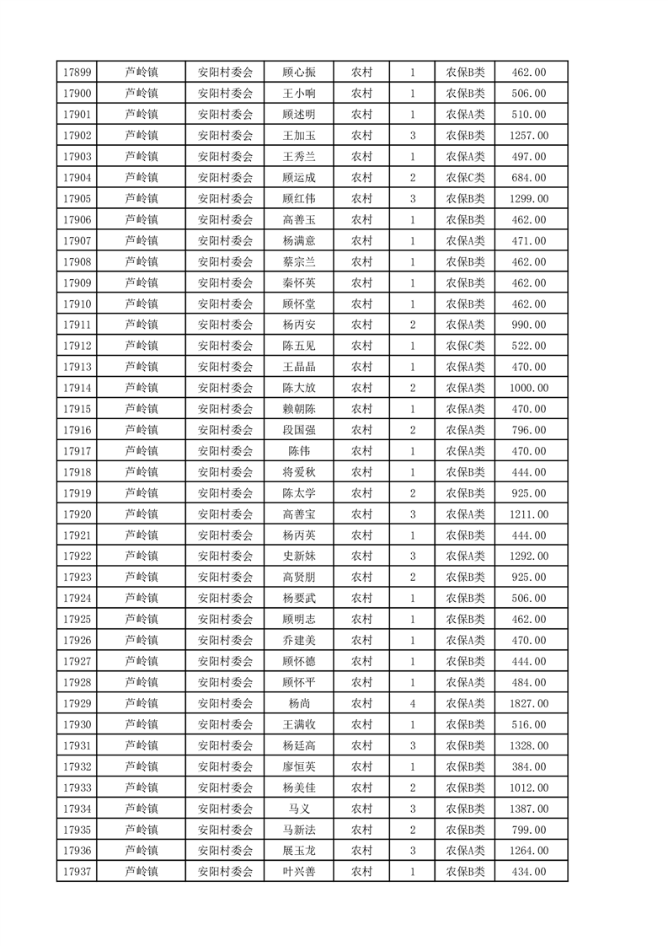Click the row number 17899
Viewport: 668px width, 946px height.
[x=77, y=73]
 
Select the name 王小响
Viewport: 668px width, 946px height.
[x=299, y=94]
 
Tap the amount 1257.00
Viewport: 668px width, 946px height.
[x=529, y=136]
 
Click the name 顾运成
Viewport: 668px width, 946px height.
[x=299, y=178]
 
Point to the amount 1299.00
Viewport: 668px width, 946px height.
[x=529, y=199]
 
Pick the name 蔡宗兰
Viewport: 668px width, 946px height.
[x=299, y=262]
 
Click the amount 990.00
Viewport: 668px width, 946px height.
[x=529, y=325]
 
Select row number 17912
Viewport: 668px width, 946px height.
[x=77, y=347]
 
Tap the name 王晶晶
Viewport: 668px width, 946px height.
[x=299, y=368]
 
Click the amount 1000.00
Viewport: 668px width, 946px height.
[x=529, y=388]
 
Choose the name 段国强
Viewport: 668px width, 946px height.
[x=299, y=430]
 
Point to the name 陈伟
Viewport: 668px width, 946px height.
[x=299, y=451]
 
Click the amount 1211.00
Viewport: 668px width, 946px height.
[x=529, y=514]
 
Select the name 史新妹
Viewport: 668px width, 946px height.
[x=299, y=556]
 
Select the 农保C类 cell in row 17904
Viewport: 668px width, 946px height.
[x=465, y=178]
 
